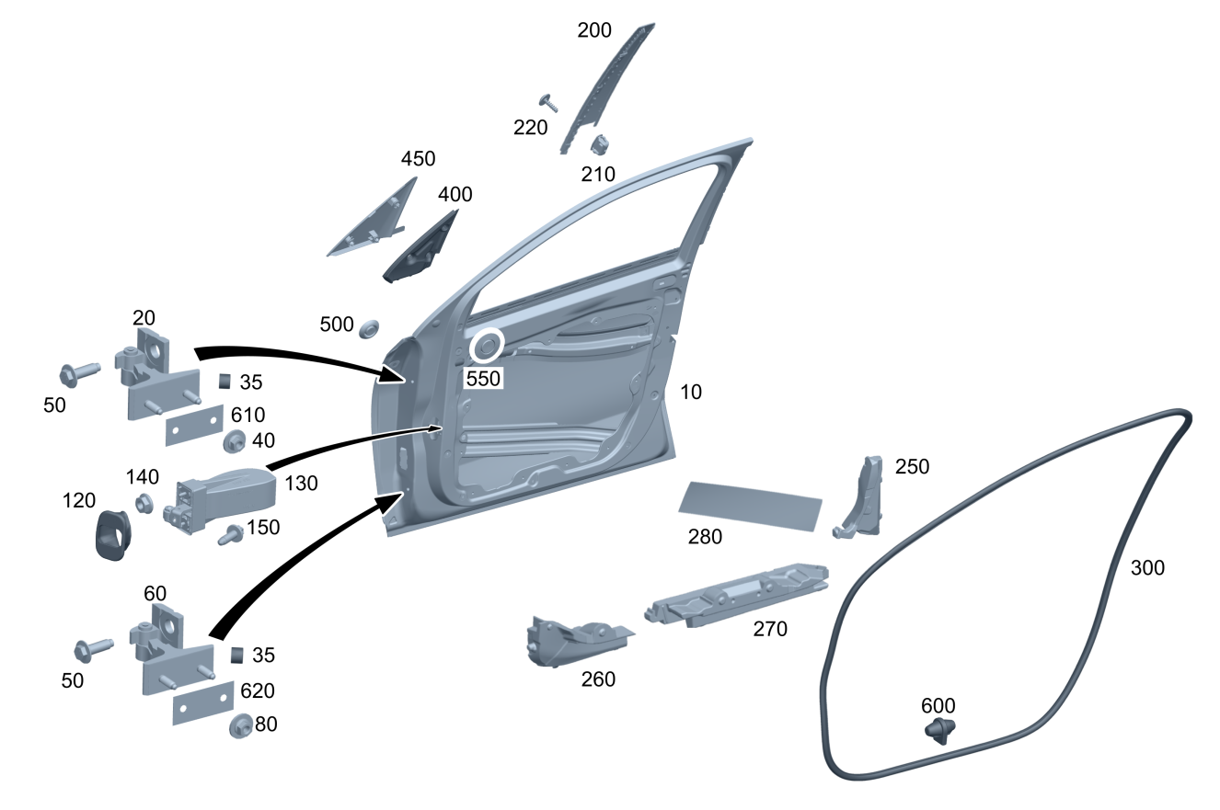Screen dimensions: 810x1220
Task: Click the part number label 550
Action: point(483,377)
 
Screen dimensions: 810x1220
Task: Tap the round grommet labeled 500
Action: point(370,326)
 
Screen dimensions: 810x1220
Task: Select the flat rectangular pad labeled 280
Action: point(751,504)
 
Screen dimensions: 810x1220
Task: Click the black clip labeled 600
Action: point(939,731)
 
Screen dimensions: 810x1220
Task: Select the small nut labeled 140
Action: point(144,503)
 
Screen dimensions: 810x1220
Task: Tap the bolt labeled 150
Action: point(230,533)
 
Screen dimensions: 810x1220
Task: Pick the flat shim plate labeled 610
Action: point(195,425)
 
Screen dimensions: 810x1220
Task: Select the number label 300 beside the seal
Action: point(1146,568)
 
